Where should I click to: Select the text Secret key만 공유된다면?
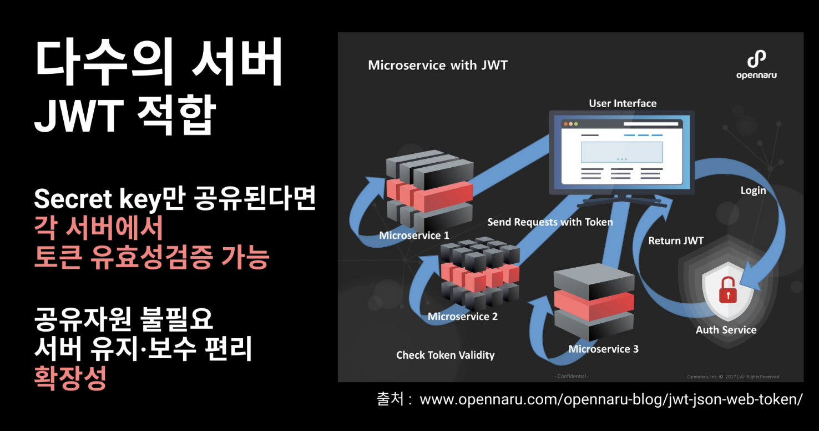click(175, 199)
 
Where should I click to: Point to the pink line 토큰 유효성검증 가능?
click(151, 257)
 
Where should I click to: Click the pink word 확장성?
click(70, 378)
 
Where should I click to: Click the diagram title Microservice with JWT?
click(437, 66)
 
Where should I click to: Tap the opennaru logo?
click(756, 65)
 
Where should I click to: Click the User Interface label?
click(622, 103)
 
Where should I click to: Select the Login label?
click(753, 191)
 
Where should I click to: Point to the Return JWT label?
click(675, 240)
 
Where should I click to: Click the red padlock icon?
click(726, 289)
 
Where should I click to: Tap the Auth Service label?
click(726, 330)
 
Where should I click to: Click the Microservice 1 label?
click(414, 235)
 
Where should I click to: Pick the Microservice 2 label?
click(462, 317)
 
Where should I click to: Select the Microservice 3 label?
click(603, 349)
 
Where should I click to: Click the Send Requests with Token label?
click(550, 222)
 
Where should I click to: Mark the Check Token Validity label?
click(445, 355)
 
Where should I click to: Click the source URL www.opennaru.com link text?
click(610, 400)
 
